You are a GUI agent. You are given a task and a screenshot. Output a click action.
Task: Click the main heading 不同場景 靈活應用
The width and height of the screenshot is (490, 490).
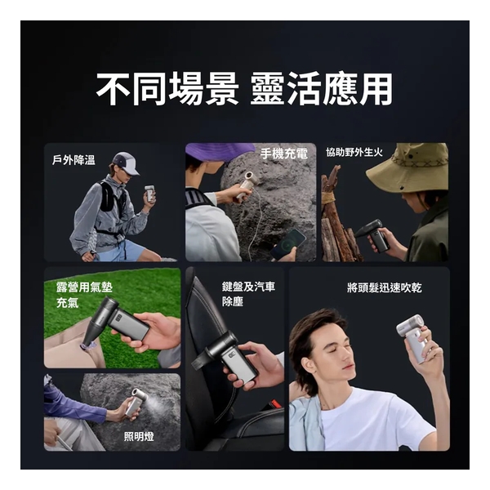pyautogui.click(x=244, y=89)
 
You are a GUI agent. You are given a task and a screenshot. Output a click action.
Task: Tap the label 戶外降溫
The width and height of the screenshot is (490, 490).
pyautogui.click(x=73, y=160)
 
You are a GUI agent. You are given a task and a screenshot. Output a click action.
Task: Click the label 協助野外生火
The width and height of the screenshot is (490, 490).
pyautogui.click(x=360, y=152)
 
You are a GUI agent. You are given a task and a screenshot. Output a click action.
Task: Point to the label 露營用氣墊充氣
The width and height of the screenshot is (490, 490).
pyautogui.click(x=73, y=295)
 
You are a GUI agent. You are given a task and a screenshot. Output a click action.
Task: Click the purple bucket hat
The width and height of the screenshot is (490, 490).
pyautogui.click(x=217, y=152)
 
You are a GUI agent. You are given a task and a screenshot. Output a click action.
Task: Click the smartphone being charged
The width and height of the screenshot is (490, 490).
pyautogui.click(x=287, y=243)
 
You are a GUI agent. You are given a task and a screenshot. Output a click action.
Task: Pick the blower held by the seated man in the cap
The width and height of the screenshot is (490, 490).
pyautogui.click(x=149, y=194)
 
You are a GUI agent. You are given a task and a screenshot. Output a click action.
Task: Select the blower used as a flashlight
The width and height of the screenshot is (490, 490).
pyautogui.click(x=136, y=402)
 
